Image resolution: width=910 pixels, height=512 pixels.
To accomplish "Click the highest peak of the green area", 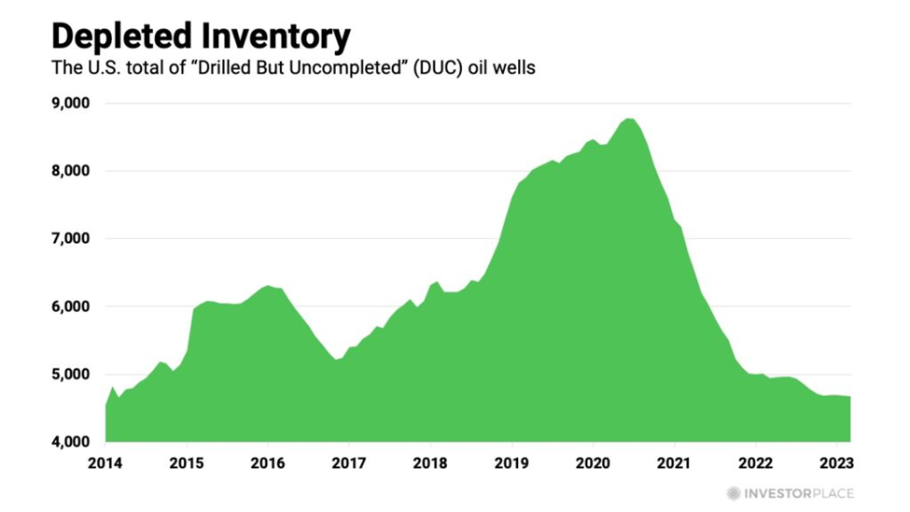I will (x=629, y=119).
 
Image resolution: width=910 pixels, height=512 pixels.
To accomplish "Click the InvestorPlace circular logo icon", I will (x=734, y=493).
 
